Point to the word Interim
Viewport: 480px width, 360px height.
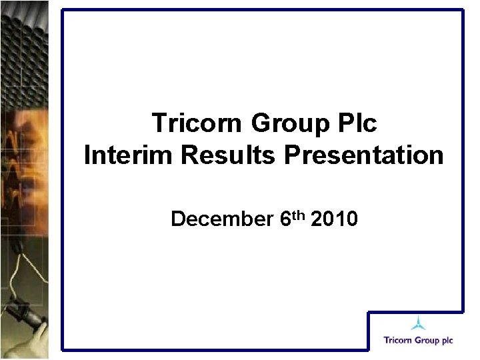pyautogui.click(x=127, y=155)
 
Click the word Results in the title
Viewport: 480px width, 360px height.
pyautogui.click(x=227, y=155)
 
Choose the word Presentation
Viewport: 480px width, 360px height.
pyautogui.click(x=364, y=155)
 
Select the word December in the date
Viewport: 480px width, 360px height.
pyautogui.click(x=219, y=219)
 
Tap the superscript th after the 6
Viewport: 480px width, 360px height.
pyautogui.click(x=296, y=213)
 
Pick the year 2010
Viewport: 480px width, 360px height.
pyautogui.click(x=334, y=219)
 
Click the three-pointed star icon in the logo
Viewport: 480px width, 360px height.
pyautogui.click(x=418, y=324)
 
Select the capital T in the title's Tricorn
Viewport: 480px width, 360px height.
pyautogui.click(x=159, y=123)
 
